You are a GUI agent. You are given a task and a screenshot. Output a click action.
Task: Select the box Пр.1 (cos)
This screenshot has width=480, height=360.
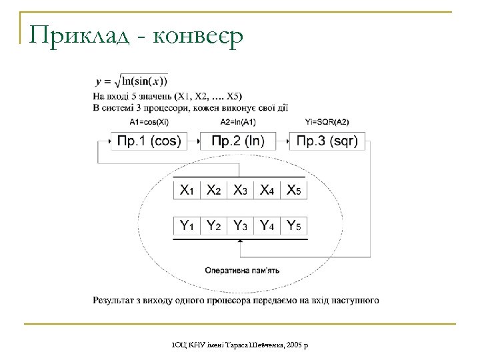[x=149, y=141]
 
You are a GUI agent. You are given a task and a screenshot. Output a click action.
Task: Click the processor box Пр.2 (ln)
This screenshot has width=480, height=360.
[x=238, y=141]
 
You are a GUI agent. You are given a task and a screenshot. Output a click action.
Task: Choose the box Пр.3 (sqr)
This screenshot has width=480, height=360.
[x=327, y=141]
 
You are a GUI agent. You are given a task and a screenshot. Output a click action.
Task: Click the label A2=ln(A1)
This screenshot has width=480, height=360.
[x=238, y=122]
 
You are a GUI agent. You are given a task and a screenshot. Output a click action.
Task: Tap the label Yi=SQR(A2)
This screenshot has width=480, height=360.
[x=327, y=122]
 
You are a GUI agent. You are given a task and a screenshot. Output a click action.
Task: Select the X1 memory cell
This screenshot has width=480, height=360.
[x=187, y=190]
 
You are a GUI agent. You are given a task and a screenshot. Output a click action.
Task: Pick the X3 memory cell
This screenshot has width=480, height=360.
[x=240, y=190]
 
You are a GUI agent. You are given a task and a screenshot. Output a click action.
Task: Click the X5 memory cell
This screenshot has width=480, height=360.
[x=293, y=190]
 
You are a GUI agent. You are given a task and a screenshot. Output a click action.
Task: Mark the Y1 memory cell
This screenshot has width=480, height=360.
[x=187, y=225]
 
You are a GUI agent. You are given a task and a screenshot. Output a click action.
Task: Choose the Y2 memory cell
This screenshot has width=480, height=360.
[x=213, y=225]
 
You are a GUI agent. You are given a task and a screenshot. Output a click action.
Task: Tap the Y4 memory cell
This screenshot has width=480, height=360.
[x=267, y=225]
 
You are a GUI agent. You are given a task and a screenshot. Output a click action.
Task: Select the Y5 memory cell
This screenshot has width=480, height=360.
[x=293, y=225]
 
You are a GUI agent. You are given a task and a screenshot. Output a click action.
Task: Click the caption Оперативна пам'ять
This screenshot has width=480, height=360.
[x=241, y=270]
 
